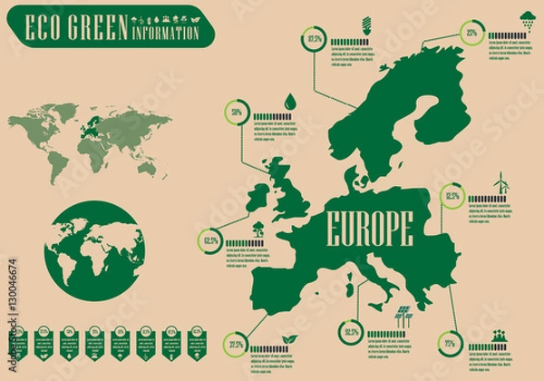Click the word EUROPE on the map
coord(368,227)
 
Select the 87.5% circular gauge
coord(315,39)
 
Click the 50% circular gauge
coord(237,112)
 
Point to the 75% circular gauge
coord(449,344)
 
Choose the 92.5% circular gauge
coord(351,332)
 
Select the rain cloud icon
coord(527,18)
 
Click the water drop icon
coord(289,101)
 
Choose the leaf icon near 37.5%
coord(289,337)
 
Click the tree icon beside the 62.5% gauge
coord(259,228)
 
